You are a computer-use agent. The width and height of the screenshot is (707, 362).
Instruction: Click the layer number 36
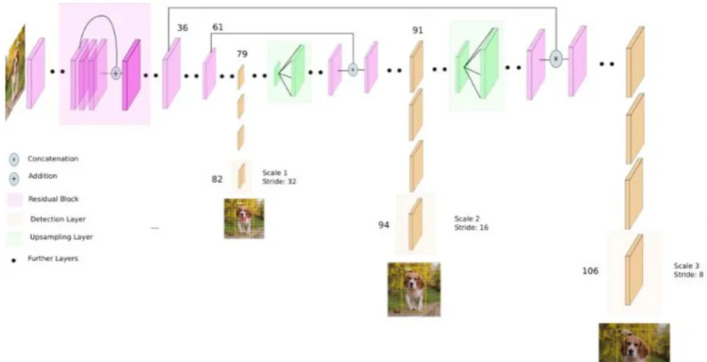182,28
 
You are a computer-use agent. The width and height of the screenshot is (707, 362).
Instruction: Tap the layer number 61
218,27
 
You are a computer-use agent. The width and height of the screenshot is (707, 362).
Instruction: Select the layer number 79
242,54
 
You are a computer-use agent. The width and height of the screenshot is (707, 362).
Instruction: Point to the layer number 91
418,30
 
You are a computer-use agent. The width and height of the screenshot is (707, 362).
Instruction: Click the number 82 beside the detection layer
217,179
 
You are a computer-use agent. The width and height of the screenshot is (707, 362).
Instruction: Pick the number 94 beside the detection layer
383,225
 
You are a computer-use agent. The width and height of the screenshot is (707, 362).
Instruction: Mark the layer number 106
591,271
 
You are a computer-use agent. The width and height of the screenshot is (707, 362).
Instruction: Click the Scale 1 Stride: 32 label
279,177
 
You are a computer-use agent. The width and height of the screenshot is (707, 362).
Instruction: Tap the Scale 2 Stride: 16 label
471,223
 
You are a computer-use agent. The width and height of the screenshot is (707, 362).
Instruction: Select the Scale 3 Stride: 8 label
688,270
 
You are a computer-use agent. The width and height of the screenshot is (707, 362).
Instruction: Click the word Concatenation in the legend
53,159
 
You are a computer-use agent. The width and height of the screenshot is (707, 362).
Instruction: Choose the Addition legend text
43,176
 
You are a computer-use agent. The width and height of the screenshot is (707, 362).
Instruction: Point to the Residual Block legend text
54,199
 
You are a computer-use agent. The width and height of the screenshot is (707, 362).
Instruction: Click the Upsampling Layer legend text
61,237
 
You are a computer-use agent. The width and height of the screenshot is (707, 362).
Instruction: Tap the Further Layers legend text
53,259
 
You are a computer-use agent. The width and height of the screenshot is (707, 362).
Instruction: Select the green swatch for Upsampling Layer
14,238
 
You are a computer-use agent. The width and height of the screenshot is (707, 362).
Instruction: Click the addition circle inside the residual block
116,73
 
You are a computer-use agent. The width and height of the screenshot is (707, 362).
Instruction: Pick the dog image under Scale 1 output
244,218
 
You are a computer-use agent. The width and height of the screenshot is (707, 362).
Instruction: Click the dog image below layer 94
414,289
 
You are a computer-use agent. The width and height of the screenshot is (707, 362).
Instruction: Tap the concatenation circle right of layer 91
556,59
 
